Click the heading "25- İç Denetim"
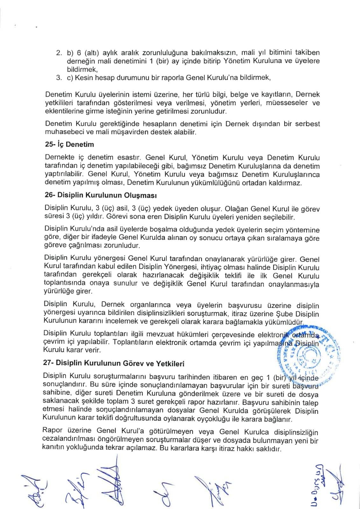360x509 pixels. pos(69,145)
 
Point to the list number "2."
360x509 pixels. pos(59,52)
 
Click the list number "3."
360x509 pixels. pos(59,77)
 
